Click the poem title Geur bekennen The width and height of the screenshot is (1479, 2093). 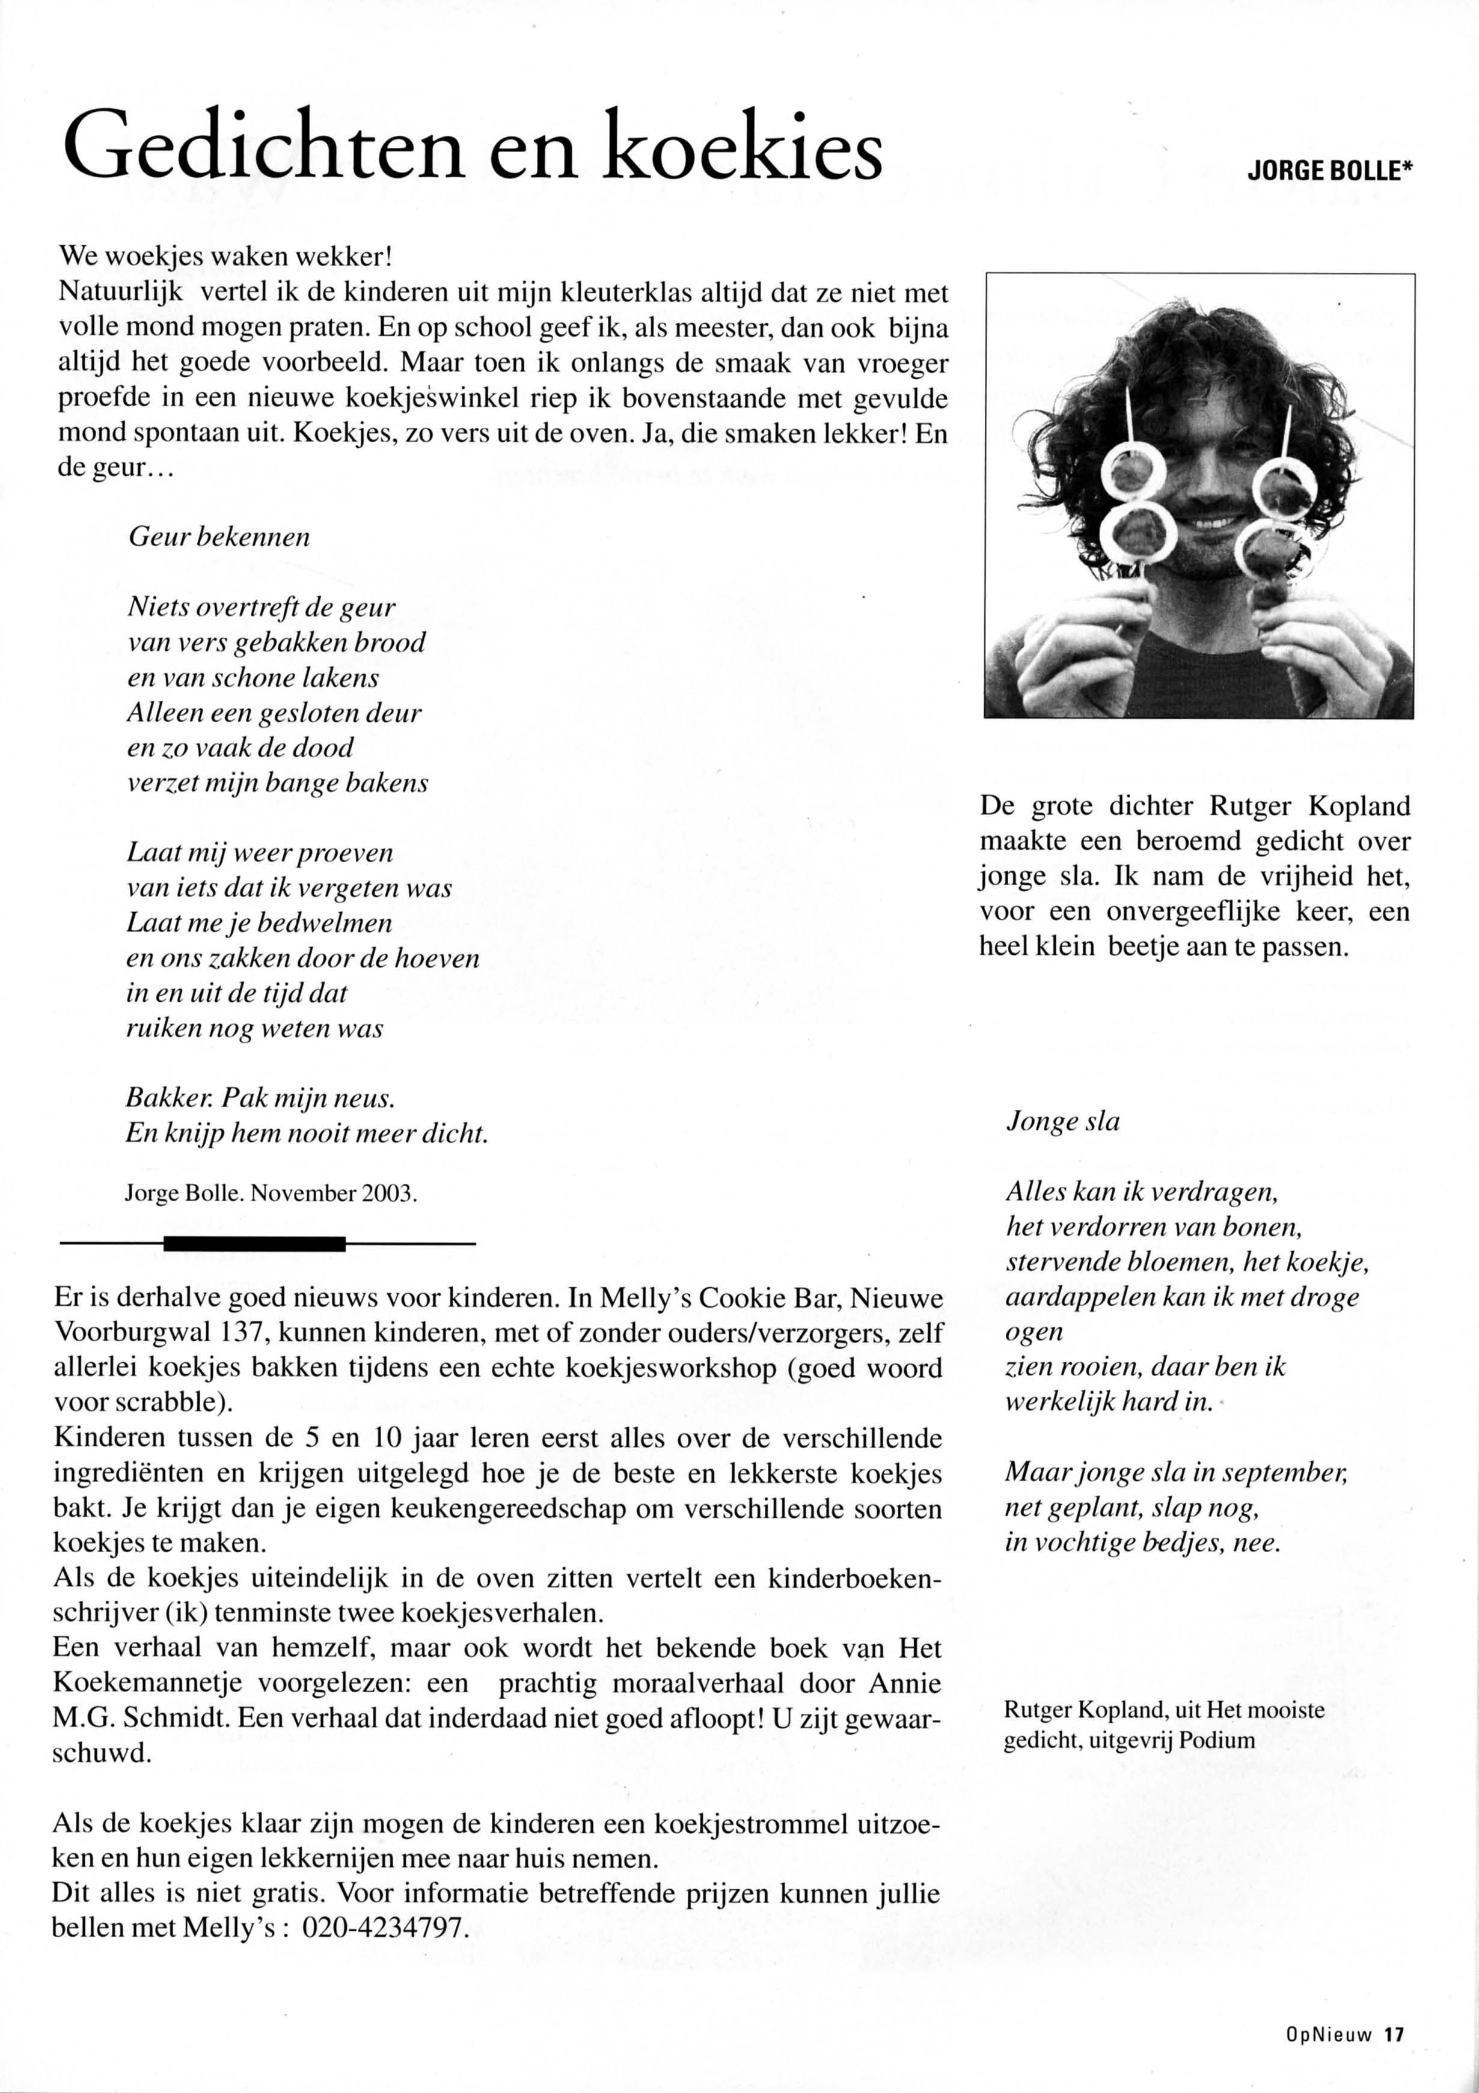[x=219, y=537]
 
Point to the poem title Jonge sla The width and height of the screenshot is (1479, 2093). [x=1062, y=1121]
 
